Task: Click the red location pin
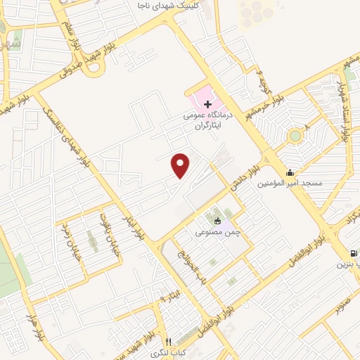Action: pos(181,166)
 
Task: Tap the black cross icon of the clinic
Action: pos(207,104)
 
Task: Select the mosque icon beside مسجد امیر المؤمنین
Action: pos(290,173)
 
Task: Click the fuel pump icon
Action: pos(352,253)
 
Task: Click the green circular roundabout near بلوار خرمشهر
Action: pos(295,135)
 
